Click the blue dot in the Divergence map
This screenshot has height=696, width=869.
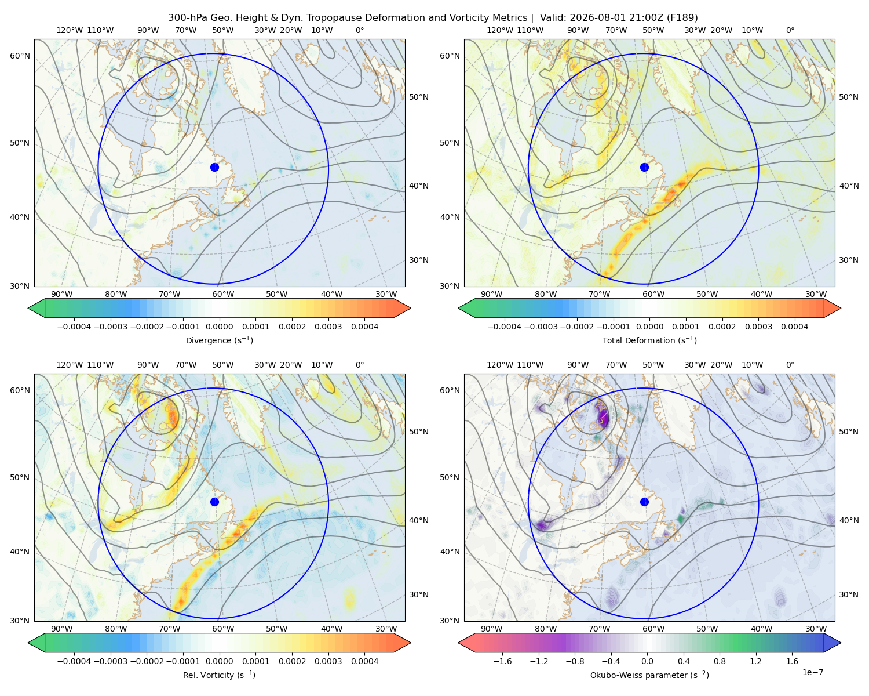(214, 168)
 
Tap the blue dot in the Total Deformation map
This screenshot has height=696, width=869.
(644, 168)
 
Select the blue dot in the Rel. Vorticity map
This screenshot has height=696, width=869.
(214, 502)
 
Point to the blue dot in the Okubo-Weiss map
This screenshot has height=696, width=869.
(644, 502)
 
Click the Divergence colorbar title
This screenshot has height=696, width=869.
(219, 340)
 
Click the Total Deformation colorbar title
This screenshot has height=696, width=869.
(649, 340)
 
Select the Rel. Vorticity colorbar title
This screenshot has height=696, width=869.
(219, 675)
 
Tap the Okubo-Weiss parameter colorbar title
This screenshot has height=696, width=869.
(649, 675)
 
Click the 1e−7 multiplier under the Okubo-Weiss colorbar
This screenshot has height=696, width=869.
(812, 672)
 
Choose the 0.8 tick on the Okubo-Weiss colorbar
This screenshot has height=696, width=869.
(720, 661)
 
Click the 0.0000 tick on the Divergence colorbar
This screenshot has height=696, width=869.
(219, 327)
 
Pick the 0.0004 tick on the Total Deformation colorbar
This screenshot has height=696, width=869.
(794, 327)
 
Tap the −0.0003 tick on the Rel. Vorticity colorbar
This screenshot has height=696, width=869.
(110, 661)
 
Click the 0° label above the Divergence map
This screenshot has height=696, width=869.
(360, 30)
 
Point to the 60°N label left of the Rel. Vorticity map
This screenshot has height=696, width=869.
(20, 390)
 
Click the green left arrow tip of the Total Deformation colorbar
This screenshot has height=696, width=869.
(458, 309)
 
